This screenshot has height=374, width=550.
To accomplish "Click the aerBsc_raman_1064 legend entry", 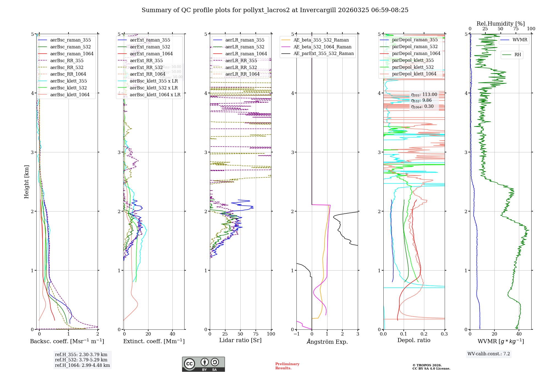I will (71, 54).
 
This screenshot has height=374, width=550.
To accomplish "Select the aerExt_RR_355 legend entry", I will (146, 61).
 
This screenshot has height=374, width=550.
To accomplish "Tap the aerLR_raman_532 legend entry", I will (245, 47).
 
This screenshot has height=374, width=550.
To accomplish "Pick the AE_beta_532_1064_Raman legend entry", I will (322, 47).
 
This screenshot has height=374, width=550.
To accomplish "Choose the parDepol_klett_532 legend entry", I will (413, 67).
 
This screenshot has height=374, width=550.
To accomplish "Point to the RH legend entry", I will (518, 55).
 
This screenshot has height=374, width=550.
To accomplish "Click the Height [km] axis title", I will (26, 182).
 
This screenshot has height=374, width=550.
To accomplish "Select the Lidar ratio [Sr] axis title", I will (240, 340).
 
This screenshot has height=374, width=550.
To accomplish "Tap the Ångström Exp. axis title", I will (327, 342).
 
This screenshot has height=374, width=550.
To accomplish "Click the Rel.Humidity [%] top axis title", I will (501, 24).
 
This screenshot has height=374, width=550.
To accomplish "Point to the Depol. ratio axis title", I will (414, 340).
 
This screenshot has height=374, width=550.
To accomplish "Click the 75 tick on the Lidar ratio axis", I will (256, 334).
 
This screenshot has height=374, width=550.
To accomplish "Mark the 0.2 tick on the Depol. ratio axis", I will (424, 334).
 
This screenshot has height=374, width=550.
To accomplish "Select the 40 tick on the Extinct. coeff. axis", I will (172, 334).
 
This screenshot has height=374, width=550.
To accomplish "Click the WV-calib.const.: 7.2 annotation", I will (489, 354).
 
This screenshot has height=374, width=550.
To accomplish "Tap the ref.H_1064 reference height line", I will (82, 365).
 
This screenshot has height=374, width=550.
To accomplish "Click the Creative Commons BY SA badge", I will (203, 364).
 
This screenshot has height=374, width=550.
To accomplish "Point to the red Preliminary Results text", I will (287, 366).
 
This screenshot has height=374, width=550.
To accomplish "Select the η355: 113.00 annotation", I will (424, 95).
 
